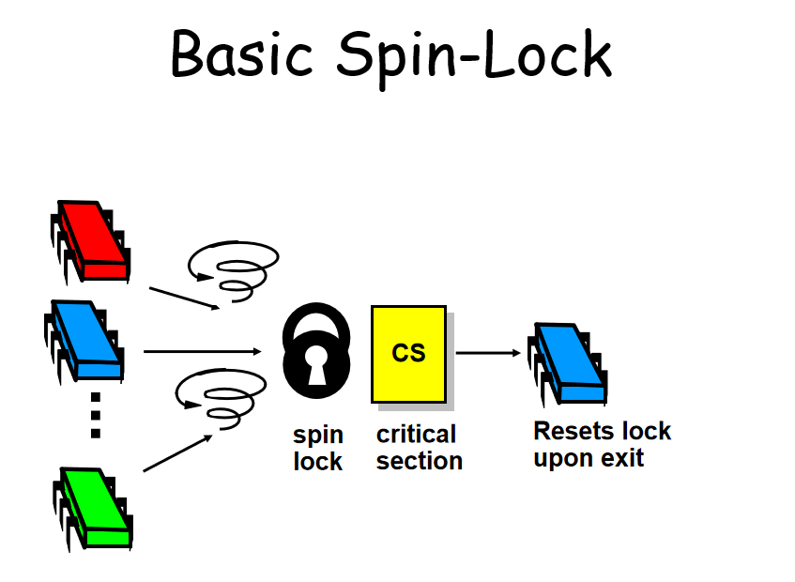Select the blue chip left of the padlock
click(x=84, y=340)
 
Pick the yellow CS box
click(x=407, y=354)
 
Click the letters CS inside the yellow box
click(x=408, y=352)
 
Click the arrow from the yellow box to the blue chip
click(x=487, y=353)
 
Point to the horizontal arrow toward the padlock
click(x=202, y=352)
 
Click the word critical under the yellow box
click(x=416, y=435)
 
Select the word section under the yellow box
click(x=420, y=461)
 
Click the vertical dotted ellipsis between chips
click(x=95, y=414)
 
